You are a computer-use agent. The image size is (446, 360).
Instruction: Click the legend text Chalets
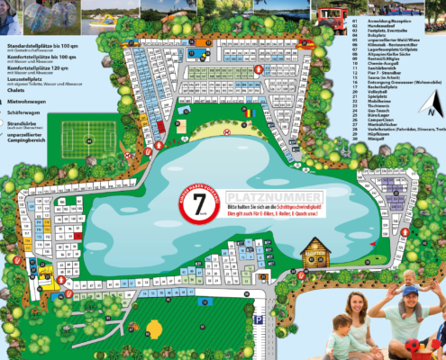tap(14, 88)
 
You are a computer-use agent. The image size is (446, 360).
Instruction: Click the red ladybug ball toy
tap(423, 346)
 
